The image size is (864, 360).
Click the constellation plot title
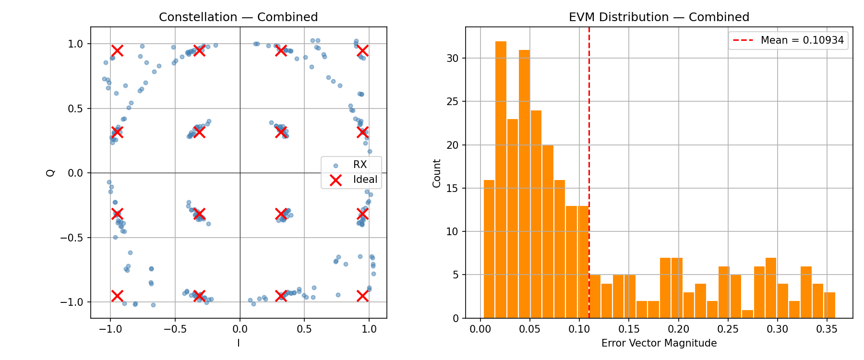pyautogui.click(x=238, y=17)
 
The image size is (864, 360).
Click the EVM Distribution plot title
pyautogui.click(x=659, y=17)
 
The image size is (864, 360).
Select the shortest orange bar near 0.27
pyautogui.click(x=747, y=314)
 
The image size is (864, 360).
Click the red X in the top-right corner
pyautogui.click(x=363, y=50)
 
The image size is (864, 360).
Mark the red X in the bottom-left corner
pyautogui.click(x=117, y=296)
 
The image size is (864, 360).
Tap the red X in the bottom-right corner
pyautogui.click(x=363, y=296)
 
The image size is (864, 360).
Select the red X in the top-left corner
pyautogui.click(x=117, y=50)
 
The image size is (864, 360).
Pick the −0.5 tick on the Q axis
pyautogui.click(x=73, y=238)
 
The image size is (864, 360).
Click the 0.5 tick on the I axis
pyautogui.click(x=304, y=329)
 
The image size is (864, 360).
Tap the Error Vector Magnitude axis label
pyautogui.click(x=659, y=343)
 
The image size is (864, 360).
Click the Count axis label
pyautogui.click(x=437, y=173)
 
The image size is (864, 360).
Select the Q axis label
pyautogui.click(x=51, y=172)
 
